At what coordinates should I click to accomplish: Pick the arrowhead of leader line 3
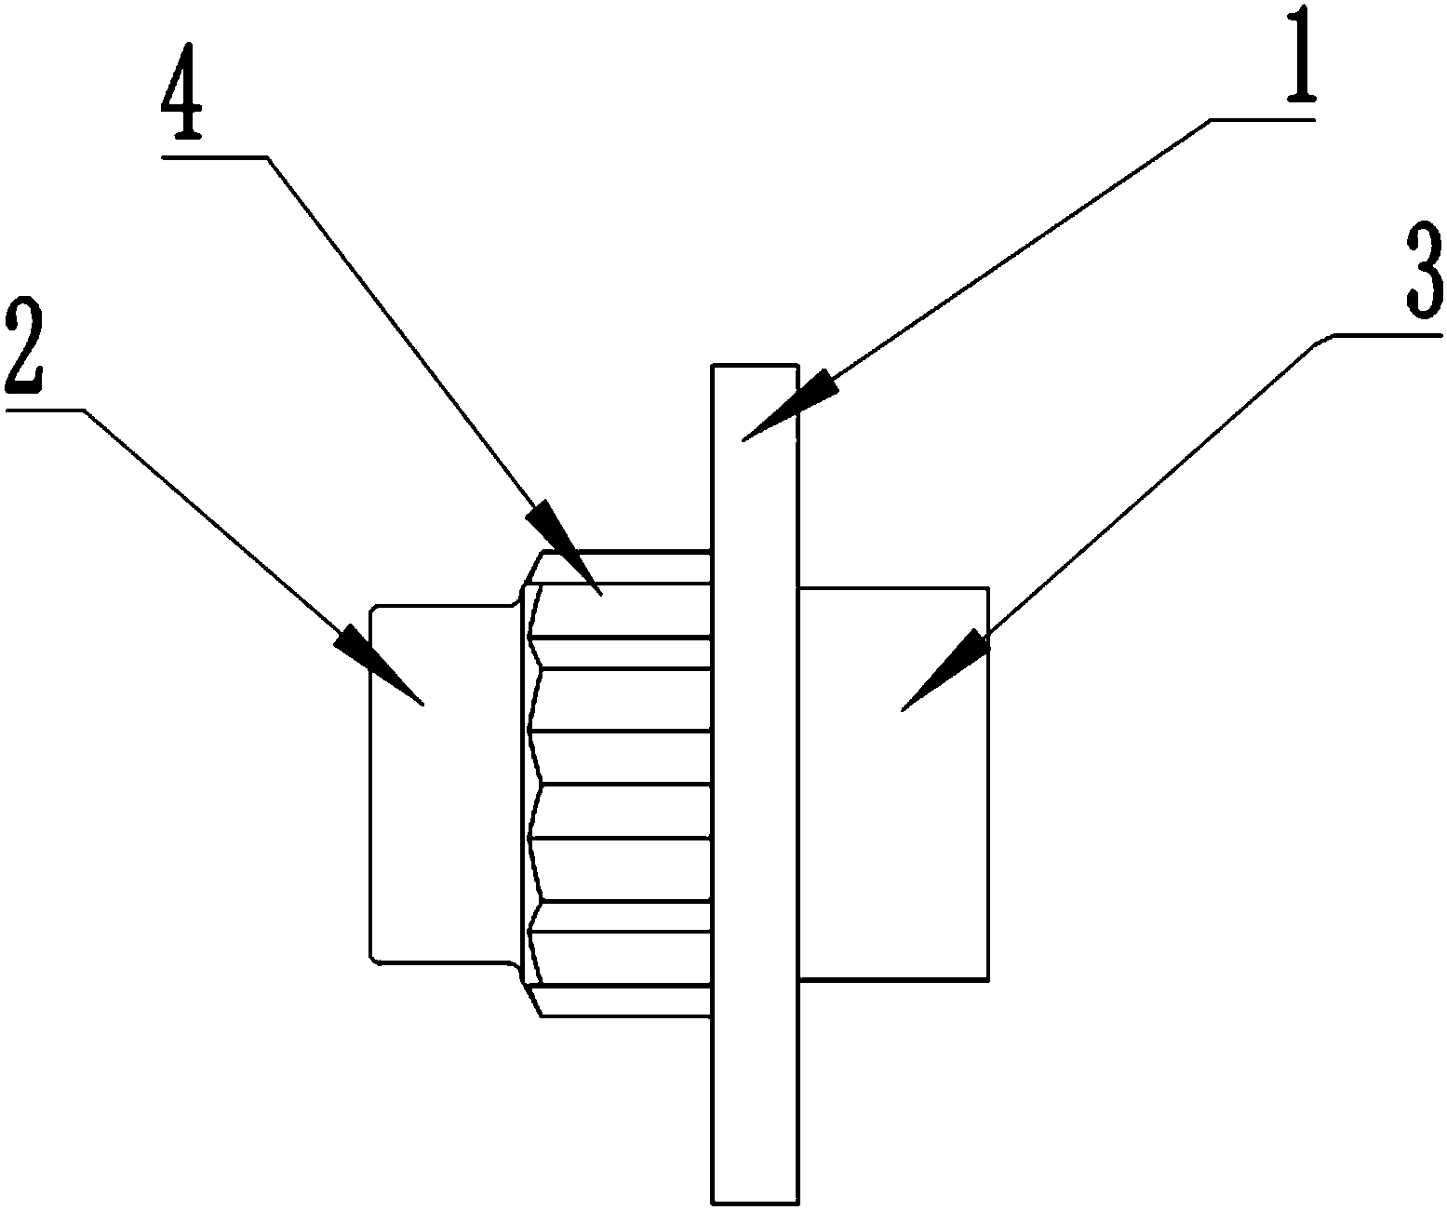point(945,670)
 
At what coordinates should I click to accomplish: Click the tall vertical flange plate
point(755,784)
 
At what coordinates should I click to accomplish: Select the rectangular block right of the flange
point(894,784)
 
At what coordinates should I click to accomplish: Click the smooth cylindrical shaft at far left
point(444,784)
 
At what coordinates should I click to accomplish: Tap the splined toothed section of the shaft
point(618,784)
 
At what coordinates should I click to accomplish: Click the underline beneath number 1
point(1262,120)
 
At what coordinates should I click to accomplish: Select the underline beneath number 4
point(215,157)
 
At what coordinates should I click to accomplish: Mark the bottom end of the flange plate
point(755,1203)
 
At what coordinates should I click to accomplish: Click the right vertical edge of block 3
point(988,784)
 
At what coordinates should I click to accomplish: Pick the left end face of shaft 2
point(369,784)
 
